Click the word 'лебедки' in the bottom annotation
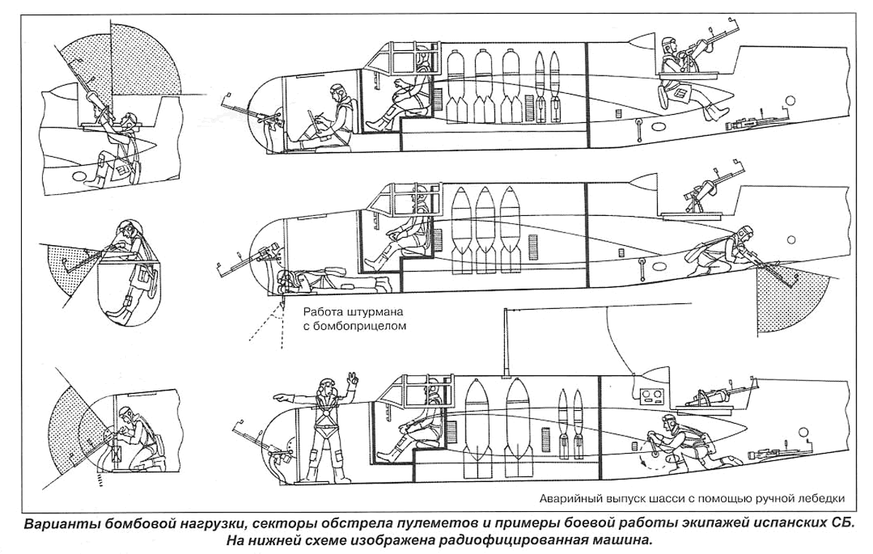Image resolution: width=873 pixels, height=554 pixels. (x=822, y=499)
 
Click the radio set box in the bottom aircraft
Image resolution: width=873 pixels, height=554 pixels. (x=651, y=396)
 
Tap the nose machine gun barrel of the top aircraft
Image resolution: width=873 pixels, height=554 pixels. (x=240, y=105)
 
